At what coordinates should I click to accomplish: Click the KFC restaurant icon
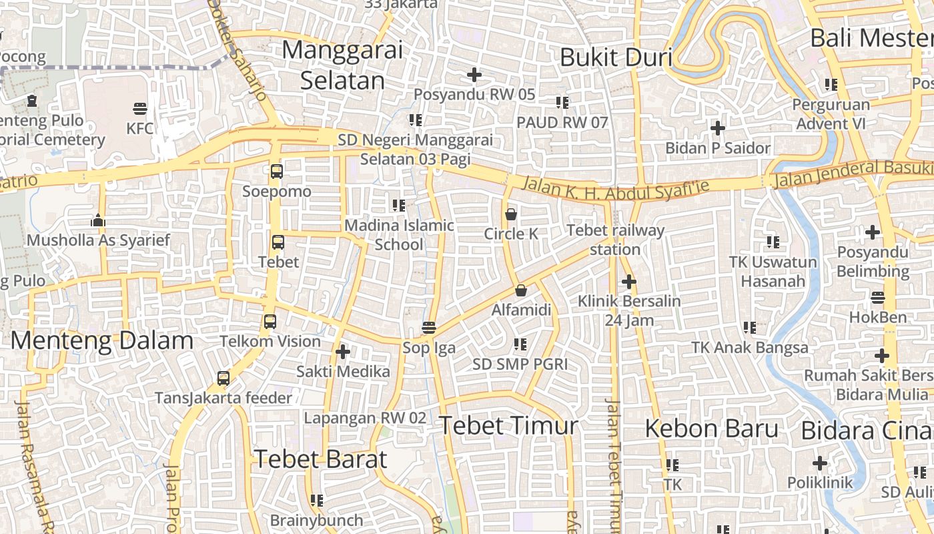tap(140, 108)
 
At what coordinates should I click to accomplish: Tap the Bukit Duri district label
tap(615, 57)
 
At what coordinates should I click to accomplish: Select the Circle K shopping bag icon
tap(511, 214)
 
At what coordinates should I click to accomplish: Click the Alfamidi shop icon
tap(521, 290)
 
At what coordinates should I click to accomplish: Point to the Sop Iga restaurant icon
tap(429, 328)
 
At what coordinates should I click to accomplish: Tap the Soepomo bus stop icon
tap(277, 172)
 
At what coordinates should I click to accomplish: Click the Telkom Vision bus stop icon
tap(270, 322)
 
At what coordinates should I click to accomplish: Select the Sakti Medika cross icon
tap(343, 352)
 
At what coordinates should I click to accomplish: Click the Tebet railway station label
tap(615, 240)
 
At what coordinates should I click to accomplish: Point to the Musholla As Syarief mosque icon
tap(98, 220)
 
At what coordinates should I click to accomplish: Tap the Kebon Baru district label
tap(711, 429)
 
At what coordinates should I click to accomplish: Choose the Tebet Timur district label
tap(508, 425)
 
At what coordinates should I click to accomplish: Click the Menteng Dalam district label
tap(102, 340)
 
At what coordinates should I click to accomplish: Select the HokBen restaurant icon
tap(878, 298)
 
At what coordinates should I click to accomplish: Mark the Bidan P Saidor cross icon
tap(718, 127)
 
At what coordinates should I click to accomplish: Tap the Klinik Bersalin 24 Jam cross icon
tap(628, 282)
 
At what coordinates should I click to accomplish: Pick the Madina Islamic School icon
tap(399, 206)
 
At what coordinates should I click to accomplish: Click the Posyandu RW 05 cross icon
tap(474, 75)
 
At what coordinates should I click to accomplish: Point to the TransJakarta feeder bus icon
tap(223, 378)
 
